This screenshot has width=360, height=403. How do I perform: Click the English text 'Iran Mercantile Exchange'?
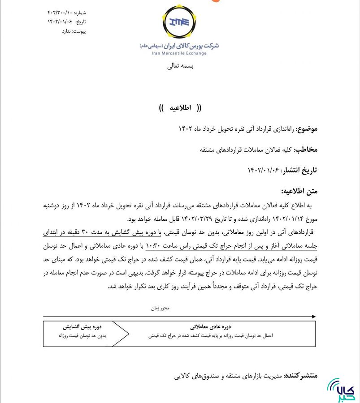(179, 53)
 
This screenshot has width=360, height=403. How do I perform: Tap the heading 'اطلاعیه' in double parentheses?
(180, 108)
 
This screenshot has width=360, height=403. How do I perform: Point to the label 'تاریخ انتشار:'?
(299, 170)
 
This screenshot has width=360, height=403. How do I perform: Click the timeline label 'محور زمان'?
(160, 308)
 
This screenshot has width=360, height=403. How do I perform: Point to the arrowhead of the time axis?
(313, 317)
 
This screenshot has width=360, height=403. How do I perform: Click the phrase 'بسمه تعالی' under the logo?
(180, 66)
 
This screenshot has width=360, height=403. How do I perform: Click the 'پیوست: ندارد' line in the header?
(74, 31)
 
